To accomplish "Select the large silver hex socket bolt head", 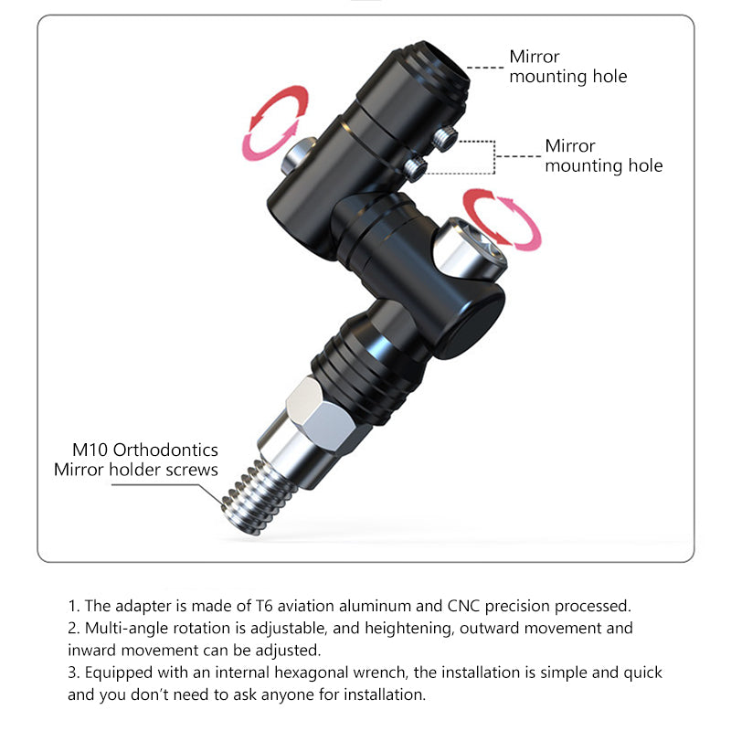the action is tap(471, 249).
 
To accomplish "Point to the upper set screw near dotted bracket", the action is tap(444, 138).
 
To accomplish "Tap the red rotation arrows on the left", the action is tap(275, 122).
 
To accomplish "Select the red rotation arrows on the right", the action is tap(502, 217).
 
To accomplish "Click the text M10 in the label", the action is tap(90, 450).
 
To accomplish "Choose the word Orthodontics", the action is tap(165, 450).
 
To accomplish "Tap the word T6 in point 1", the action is tap(264, 606).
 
